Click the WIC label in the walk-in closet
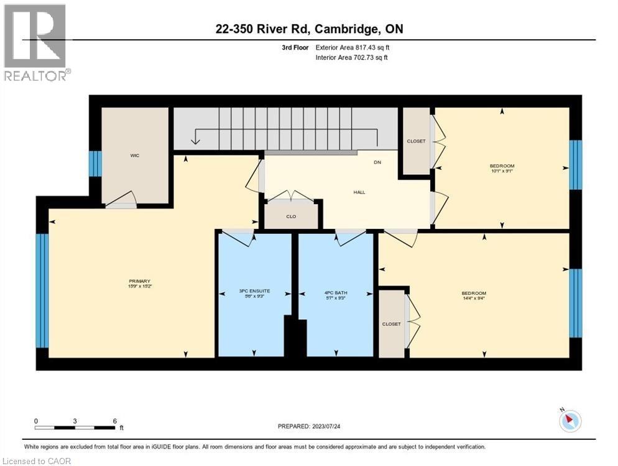click(134, 155)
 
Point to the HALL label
click(359, 192)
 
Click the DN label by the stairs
click(377, 162)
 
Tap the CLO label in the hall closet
click(291, 217)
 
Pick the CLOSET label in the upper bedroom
click(417, 141)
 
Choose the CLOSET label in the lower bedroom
click(392, 324)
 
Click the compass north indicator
click(568, 421)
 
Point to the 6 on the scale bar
click(115, 421)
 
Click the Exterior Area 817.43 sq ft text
click(353, 47)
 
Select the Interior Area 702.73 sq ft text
click(353, 58)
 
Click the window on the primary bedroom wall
click(42, 290)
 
